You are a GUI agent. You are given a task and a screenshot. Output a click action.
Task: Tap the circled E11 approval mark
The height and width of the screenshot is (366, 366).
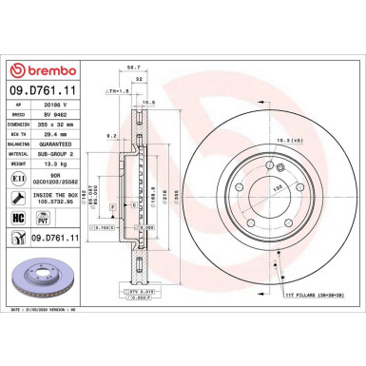click(x=18, y=178)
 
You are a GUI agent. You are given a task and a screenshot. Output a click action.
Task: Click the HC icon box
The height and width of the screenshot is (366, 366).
click(x=18, y=217)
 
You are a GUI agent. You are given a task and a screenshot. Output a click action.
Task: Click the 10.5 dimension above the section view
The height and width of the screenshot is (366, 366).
click(x=148, y=101)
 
